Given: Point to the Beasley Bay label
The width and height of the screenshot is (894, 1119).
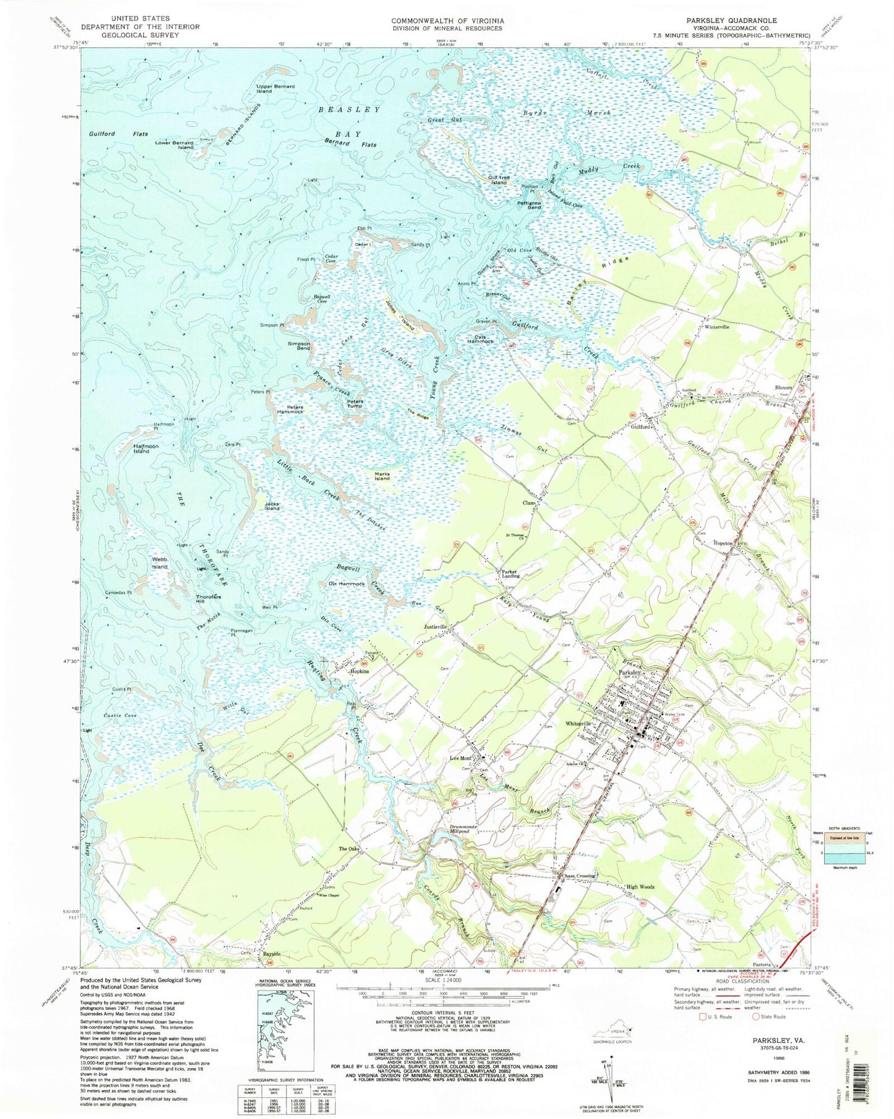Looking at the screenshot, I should pyautogui.click(x=349, y=120).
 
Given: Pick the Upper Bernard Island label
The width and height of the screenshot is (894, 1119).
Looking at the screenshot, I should pyautogui.click(x=276, y=89).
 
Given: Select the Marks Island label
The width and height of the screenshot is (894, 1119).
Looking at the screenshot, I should pyautogui.click(x=382, y=476).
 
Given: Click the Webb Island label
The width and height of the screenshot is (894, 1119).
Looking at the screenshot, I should pyautogui.click(x=160, y=563).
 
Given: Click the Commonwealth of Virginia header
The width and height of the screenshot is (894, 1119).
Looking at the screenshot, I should pyautogui.click(x=447, y=20).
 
